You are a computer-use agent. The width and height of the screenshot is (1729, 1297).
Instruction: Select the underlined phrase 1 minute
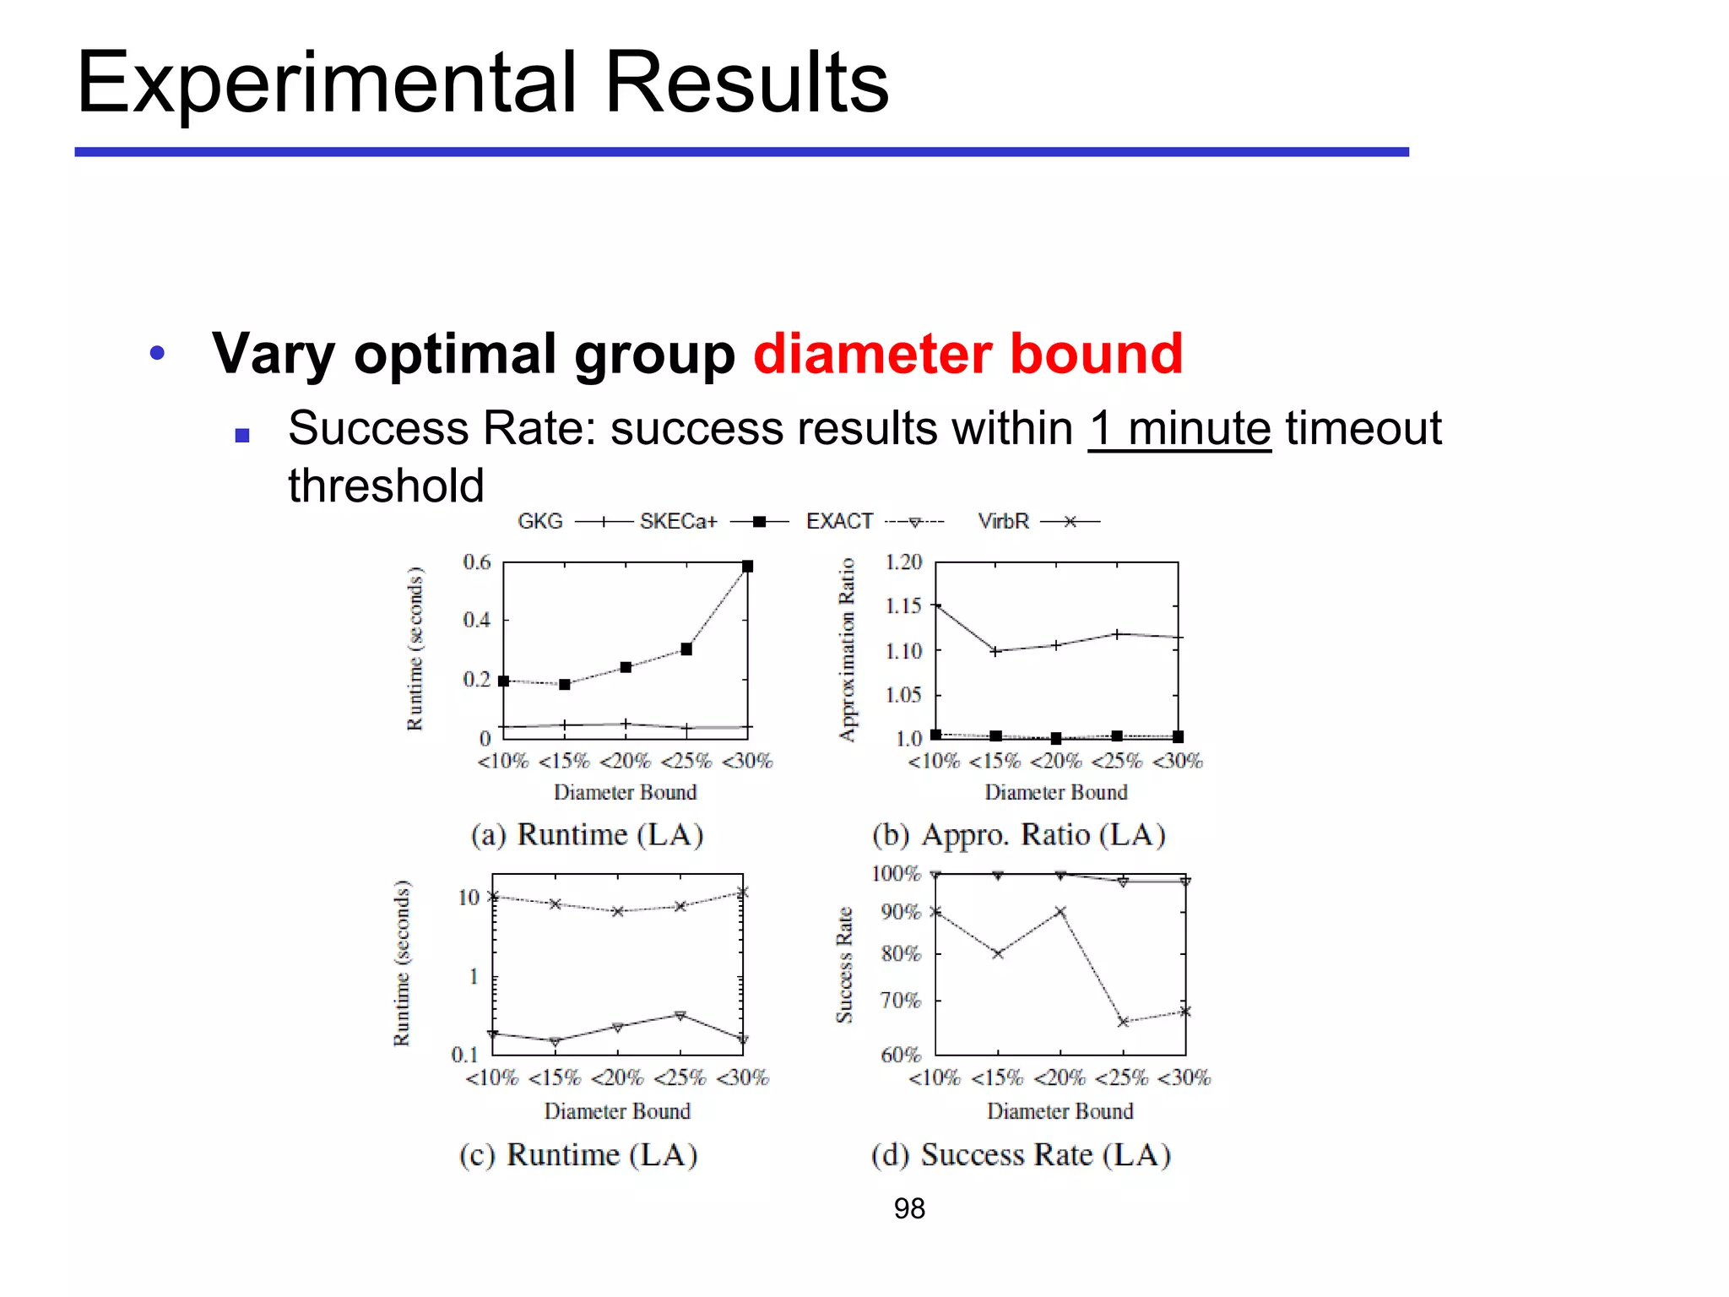pos(1179,429)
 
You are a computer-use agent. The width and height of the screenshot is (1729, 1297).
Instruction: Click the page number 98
pos(909,1208)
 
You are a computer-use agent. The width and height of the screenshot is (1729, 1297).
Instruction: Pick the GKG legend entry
pos(540,521)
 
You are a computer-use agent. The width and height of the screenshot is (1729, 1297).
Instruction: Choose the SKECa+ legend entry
pos(678,521)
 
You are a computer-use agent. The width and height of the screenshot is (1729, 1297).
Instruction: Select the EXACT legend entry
pos(839,521)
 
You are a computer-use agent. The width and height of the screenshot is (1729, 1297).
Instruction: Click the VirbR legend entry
pos(1003,521)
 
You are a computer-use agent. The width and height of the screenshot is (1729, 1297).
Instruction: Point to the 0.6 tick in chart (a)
pos(477,562)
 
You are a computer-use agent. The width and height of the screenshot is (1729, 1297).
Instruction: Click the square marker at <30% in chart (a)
pos(747,567)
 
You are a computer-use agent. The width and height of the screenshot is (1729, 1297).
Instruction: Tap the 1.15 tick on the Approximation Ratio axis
pos(902,605)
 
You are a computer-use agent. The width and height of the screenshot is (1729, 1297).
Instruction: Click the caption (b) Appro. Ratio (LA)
pos(1018,834)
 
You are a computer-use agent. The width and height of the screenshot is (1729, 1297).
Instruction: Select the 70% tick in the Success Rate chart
pos(900,1001)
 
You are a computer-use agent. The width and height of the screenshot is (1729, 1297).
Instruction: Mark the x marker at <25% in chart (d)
pos(1123,1022)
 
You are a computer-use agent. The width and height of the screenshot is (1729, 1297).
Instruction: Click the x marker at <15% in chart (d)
pos(998,953)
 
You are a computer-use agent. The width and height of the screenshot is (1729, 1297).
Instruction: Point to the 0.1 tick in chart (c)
pos(464,1054)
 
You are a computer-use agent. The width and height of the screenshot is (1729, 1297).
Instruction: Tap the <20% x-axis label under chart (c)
pos(616,1077)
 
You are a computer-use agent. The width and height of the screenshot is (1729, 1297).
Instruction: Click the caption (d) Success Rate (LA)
pos(1021,1154)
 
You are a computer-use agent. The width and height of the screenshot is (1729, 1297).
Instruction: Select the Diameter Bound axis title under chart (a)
pos(625,792)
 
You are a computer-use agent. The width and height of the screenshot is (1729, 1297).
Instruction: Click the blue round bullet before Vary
pos(157,353)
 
